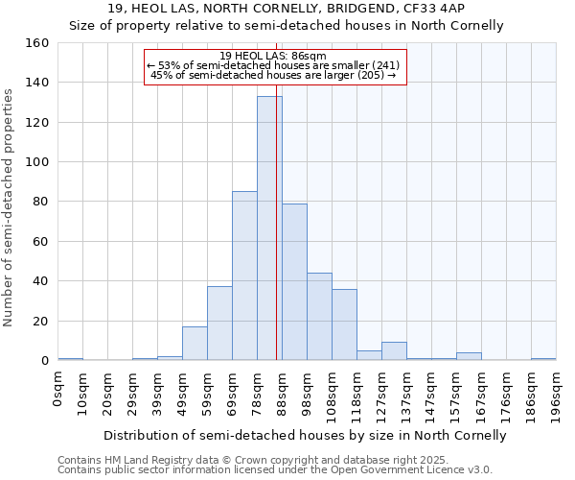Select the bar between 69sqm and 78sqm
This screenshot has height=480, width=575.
coord(244,276)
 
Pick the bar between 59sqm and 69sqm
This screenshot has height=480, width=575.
coord(219,324)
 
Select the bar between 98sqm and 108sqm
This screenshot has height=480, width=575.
coord(319,317)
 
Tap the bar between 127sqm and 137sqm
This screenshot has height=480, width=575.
coord(394,351)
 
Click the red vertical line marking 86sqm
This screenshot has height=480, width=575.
coord(277,240)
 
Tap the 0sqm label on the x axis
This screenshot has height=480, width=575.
coord(58,389)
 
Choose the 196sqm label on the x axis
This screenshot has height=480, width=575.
coord(556,394)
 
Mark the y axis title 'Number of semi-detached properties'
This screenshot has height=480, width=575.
coord(9,202)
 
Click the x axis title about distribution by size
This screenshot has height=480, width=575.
coord(305,435)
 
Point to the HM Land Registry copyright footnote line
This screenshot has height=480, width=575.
coord(246,460)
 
